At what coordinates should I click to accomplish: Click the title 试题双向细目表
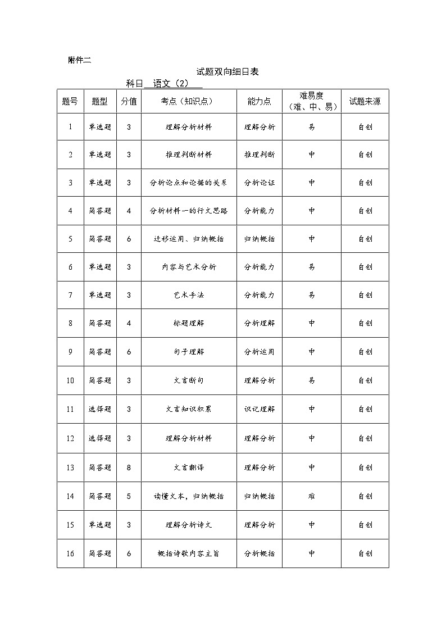pyautogui.click(x=227, y=72)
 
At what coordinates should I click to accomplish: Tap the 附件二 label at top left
pyautogui.click(x=79, y=60)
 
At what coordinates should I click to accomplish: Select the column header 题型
pyautogui.click(x=99, y=102)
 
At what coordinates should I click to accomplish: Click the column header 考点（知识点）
pyautogui.click(x=188, y=102)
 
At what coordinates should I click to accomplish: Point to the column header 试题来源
pyautogui.click(x=365, y=102)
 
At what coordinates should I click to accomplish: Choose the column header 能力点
pyautogui.click(x=259, y=102)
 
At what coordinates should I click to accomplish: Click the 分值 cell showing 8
pyautogui.click(x=129, y=467)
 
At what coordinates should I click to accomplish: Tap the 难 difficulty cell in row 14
pyautogui.click(x=312, y=496)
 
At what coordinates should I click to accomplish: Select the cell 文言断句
pyautogui.click(x=189, y=380)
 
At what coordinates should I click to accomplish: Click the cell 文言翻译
pyautogui.click(x=189, y=467)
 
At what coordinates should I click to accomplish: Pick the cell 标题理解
pyautogui.click(x=189, y=323)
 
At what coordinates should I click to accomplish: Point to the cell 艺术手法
pyautogui.click(x=189, y=295)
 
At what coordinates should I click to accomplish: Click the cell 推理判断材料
pyautogui.click(x=189, y=155)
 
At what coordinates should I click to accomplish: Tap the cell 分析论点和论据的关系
pyautogui.click(x=189, y=183)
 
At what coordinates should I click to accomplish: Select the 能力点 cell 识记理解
pyautogui.click(x=260, y=409)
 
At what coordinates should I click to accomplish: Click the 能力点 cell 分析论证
pyautogui.click(x=260, y=183)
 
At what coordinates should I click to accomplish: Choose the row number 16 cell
pyautogui.click(x=70, y=553)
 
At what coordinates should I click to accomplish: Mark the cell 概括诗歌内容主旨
pyautogui.click(x=189, y=553)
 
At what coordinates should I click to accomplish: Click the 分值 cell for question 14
pyautogui.click(x=129, y=496)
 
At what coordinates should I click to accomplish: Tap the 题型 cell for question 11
pyautogui.click(x=100, y=409)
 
